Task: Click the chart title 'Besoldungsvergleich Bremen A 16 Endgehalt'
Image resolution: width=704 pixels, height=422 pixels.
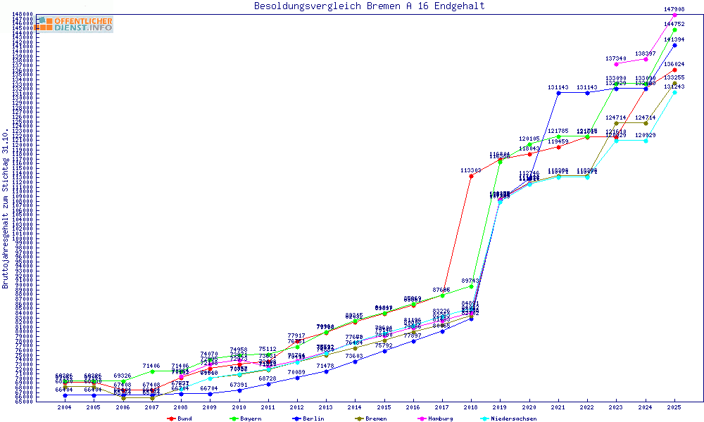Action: (x=369, y=6)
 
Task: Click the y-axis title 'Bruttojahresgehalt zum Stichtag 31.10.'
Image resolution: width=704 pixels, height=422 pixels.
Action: (x=6, y=209)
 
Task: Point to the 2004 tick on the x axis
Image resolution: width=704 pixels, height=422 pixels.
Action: (x=65, y=407)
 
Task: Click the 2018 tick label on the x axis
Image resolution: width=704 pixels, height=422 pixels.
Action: (x=471, y=407)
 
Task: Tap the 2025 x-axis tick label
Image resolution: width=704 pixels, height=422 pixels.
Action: (x=674, y=407)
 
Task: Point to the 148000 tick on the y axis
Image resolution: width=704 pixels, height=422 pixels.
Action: (x=23, y=15)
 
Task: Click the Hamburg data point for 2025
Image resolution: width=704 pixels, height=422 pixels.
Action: (x=674, y=15)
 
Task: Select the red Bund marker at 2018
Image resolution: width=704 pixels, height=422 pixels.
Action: (x=471, y=176)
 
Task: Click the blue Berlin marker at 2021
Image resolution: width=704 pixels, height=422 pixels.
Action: (x=558, y=93)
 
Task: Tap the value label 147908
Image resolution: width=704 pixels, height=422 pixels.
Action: (x=674, y=9)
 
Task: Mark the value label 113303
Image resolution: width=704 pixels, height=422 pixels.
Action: (x=471, y=170)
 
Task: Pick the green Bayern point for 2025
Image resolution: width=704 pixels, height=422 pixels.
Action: (x=674, y=30)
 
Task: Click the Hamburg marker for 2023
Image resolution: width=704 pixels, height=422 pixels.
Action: (x=616, y=64)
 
